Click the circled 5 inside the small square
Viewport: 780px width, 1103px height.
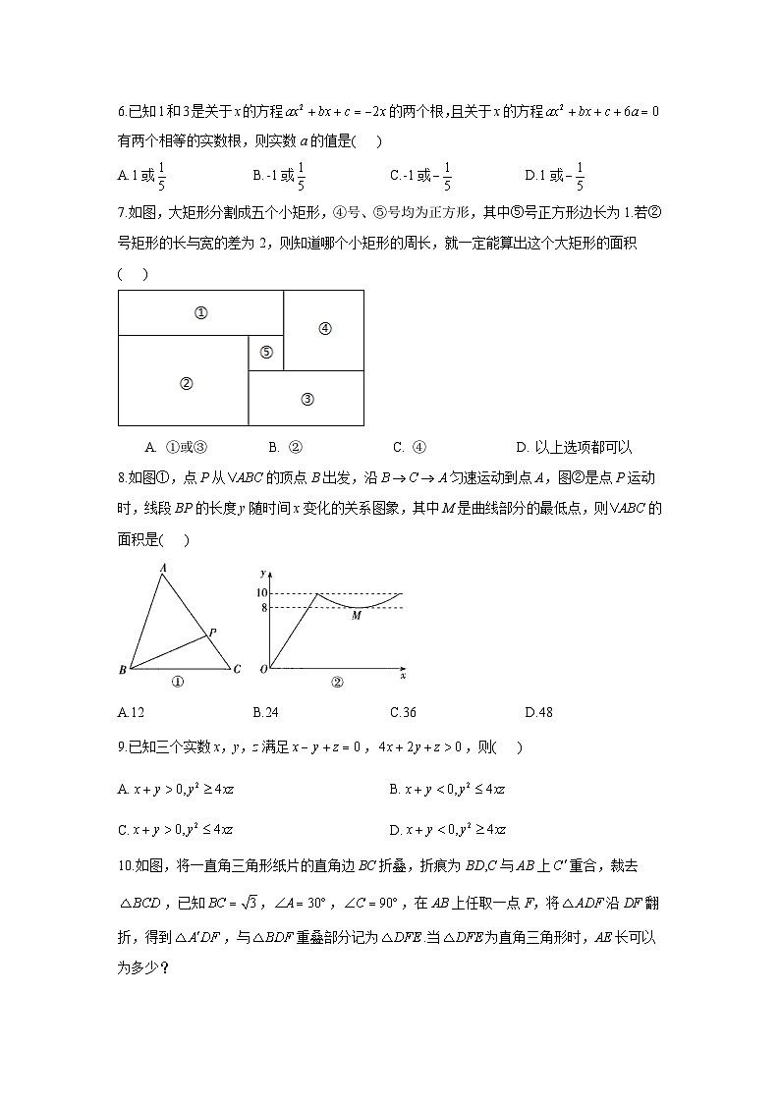pyautogui.click(x=266, y=354)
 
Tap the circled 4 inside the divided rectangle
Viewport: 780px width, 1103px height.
pyautogui.click(x=325, y=329)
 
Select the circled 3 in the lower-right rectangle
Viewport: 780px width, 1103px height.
pyautogui.click(x=306, y=399)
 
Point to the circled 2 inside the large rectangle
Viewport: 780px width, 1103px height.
pyautogui.click(x=185, y=384)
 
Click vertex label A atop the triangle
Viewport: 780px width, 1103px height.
pyautogui.click(x=162, y=568)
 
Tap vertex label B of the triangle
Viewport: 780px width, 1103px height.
pyautogui.click(x=122, y=671)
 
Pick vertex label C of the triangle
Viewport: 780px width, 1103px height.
pyautogui.click(x=237, y=670)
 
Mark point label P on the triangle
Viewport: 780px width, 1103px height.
pyautogui.click(x=212, y=632)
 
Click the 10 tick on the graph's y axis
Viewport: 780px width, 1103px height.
pyautogui.click(x=261, y=593)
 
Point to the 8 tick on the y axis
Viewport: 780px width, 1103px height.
pyautogui.click(x=263, y=608)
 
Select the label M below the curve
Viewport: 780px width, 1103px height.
pyautogui.click(x=357, y=615)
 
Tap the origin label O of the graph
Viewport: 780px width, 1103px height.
pyautogui.click(x=262, y=671)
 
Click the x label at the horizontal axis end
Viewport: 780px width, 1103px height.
pyautogui.click(x=403, y=677)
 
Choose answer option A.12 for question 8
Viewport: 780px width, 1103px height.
pyautogui.click(x=131, y=712)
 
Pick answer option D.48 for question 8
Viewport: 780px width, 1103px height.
pyautogui.click(x=538, y=712)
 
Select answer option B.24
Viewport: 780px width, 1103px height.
pyautogui.click(x=265, y=712)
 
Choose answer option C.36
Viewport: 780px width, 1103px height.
pyautogui.click(x=403, y=712)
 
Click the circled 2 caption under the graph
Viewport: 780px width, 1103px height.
pyautogui.click(x=336, y=683)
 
